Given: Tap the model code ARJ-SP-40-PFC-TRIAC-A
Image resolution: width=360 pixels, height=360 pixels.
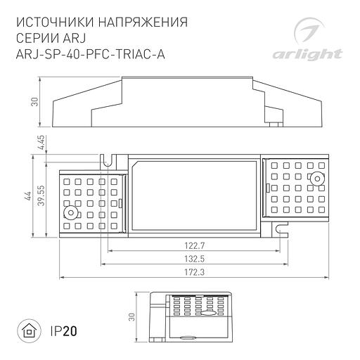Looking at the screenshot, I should [x=89, y=57].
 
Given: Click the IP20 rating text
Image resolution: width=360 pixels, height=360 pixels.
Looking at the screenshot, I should [x=64, y=330].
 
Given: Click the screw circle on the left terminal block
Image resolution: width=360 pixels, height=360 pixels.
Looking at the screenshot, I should [x=70, y=212].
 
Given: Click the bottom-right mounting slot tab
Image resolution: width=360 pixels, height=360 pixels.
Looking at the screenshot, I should [x=280, y=229].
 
